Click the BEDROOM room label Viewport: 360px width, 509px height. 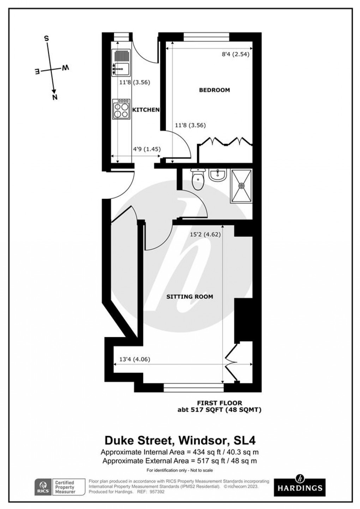[214, 90]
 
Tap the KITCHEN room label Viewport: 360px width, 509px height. [146, 110]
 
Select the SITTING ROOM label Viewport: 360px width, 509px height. [190, 297]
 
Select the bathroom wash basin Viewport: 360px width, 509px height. [217, 175]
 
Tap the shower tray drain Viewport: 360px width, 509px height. [242, 185]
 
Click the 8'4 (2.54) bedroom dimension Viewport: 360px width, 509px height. [235, 54]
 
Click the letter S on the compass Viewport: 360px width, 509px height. [46, 38]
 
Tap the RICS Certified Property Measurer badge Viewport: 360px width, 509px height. [60, 487]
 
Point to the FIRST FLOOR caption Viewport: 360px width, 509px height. [219, 403]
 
